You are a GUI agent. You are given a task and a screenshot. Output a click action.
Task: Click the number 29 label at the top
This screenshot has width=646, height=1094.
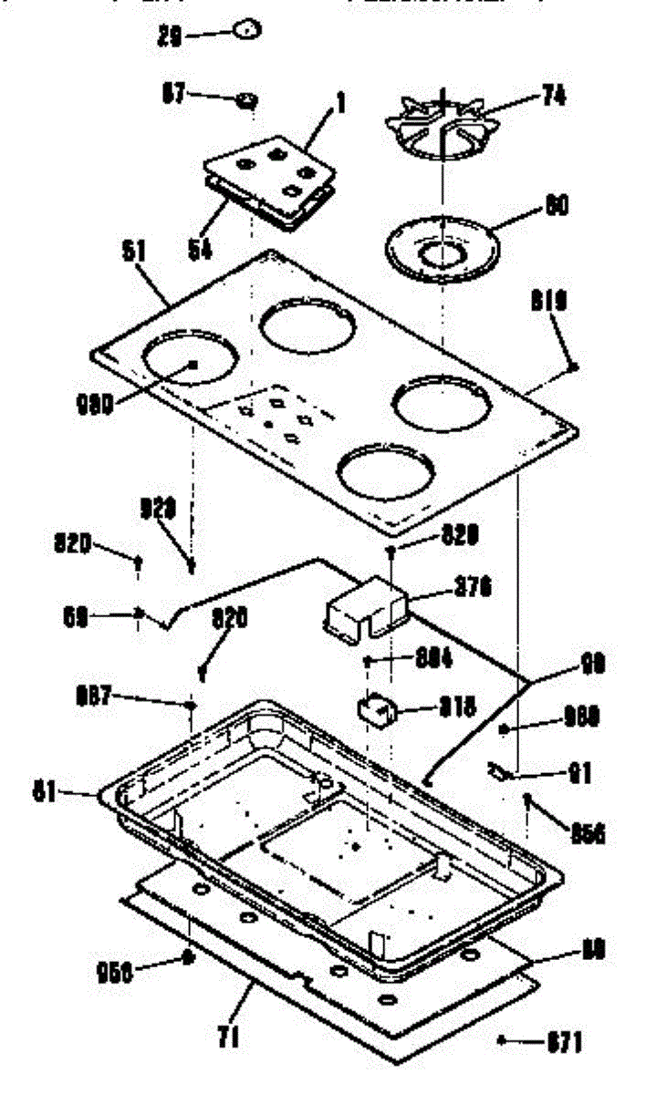[x=170, y=36]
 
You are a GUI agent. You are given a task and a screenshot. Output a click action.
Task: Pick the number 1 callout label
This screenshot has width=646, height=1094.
[x=340, y=104]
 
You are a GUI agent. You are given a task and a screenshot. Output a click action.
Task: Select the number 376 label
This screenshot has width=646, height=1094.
[x=473, y=589]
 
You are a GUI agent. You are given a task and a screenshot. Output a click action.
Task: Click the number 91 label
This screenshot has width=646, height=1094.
[x=580, y=775]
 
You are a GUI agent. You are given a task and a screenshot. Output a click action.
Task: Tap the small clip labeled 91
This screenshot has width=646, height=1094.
[x=499, y=772]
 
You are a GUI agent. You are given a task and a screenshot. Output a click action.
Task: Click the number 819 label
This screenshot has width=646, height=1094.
[x=551, y=302]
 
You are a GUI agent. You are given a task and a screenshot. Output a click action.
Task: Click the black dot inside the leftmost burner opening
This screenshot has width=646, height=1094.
[x=194, y=365]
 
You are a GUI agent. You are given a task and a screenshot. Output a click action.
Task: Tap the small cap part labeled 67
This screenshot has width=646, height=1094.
[x=245, y=100]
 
